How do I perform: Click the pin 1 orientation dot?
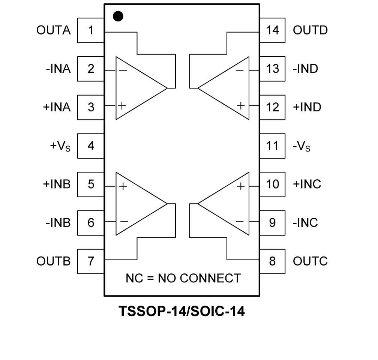click(x=118, y=16)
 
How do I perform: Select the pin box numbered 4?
click(x=91, y=145)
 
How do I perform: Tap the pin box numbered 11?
click(x=273, y=145)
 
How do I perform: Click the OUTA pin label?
click(x=53, y=30)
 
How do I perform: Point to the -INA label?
click(x=58, y=69)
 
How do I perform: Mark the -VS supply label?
click(x=301, y=146)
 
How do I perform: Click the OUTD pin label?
click(x=310, y=30)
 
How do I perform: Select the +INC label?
click(x=307, y=184)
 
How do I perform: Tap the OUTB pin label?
click(x=53, y=261)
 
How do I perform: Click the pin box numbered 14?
click(x=273, y=30)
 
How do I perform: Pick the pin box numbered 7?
click(x=91, y=261)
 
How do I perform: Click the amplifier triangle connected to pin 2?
click(x=137, y=88)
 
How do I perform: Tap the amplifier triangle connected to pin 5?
click(x=137, y=204)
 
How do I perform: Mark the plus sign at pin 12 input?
click(x=241, y=106)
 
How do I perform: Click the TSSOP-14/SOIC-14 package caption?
click(x=181, y=311)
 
